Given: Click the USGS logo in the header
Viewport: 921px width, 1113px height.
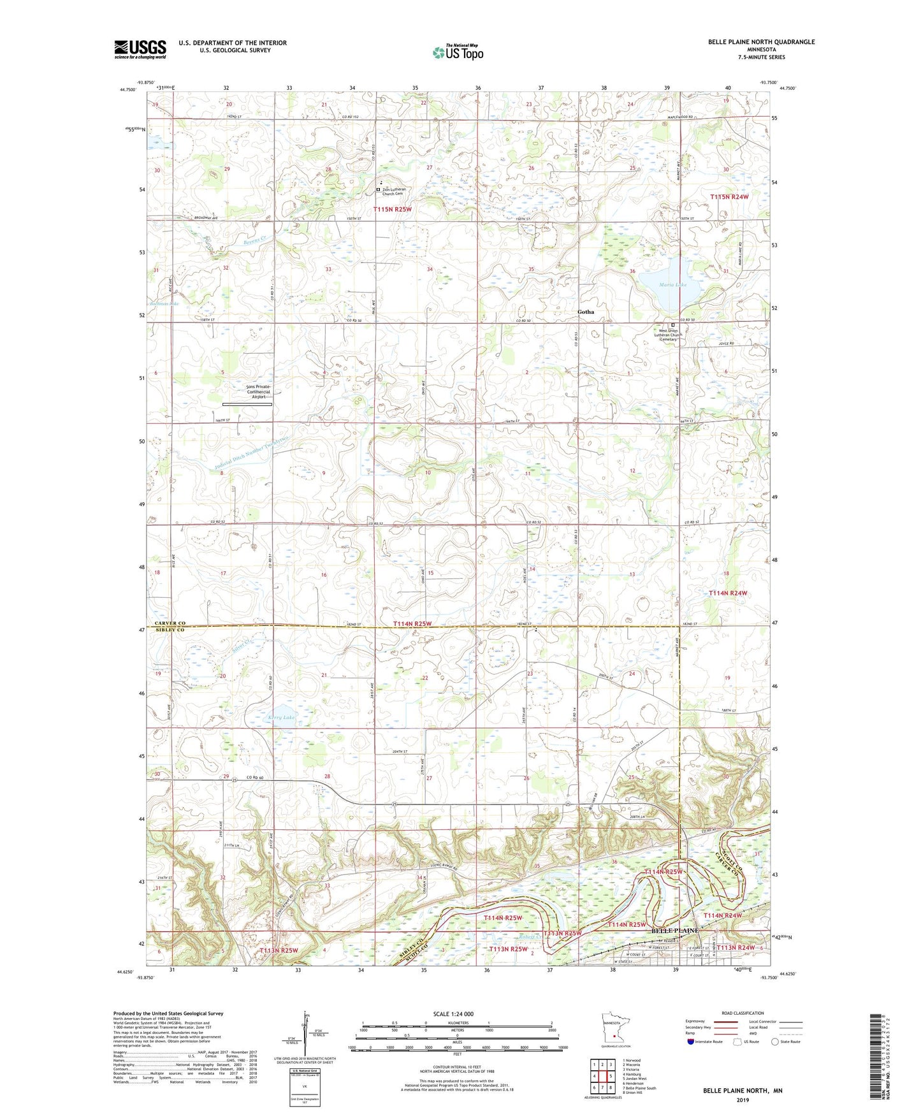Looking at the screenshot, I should pos(140,49).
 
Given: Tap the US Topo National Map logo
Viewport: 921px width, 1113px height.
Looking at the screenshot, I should pos(458,52).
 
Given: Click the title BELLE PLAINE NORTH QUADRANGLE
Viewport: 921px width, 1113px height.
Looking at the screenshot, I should pos(761,42).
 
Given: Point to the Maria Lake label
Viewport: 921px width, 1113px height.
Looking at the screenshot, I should pos(673,285).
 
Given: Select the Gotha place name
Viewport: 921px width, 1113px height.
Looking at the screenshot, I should pos(585,312).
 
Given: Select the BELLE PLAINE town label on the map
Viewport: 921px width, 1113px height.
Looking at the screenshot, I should pos(674,931).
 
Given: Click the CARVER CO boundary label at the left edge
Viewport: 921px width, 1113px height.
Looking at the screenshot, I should pos(169,623).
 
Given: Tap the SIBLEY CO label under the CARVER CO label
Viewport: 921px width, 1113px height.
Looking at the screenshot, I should pos(169,630).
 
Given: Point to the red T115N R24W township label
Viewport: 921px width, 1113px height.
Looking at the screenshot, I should pos(729,197).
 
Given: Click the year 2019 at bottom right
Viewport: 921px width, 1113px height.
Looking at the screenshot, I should pos(743,1100).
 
